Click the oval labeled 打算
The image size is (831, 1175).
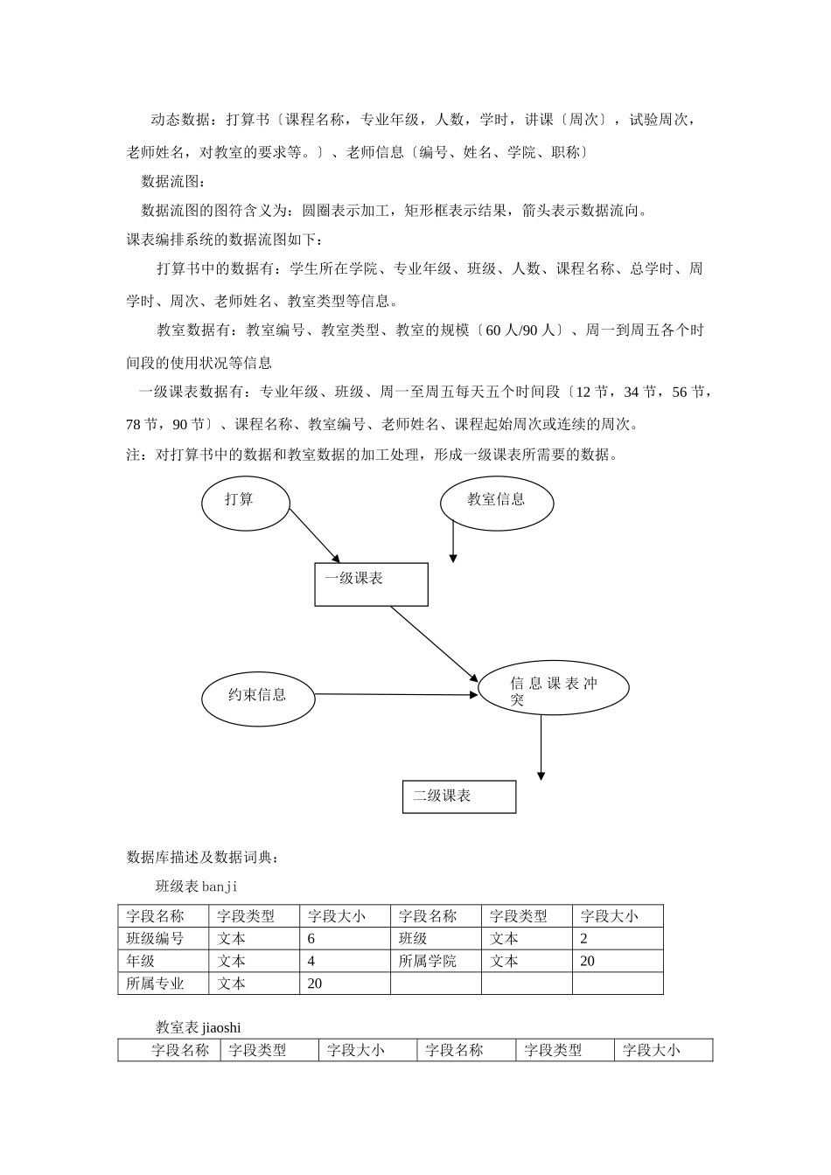[246, 502]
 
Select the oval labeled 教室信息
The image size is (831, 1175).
[497, 502]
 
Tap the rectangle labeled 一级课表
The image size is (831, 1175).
[371, 584]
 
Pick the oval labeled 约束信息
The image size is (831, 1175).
[258, 696]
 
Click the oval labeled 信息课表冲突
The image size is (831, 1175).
[554, 688]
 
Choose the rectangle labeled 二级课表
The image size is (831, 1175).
[459, 796]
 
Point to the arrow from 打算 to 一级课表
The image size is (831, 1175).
[314, 535]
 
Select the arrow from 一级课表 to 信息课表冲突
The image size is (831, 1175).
[434, 643]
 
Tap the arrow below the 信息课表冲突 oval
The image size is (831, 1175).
[541, 747]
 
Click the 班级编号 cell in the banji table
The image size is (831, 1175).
[156, 939]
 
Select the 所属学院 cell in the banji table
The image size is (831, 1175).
[428, 961]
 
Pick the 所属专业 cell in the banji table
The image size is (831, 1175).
[156, 984]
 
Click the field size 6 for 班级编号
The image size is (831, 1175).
[312, 939]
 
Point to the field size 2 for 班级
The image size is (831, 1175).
[584, 939]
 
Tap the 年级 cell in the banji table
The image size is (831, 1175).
[141, 961]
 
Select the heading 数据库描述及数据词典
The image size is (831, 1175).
[203, 858]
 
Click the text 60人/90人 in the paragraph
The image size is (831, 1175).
[521, 330]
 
